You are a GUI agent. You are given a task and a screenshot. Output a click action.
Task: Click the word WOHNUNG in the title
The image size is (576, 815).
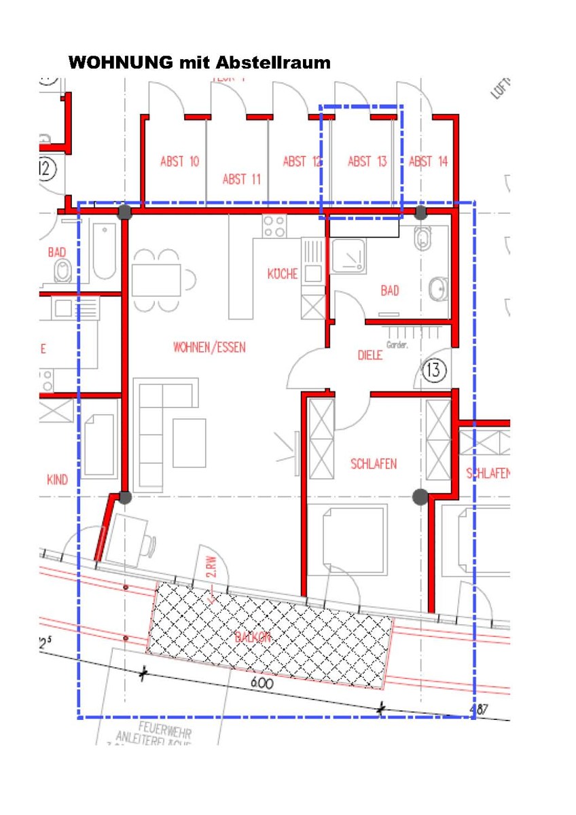[120, 63]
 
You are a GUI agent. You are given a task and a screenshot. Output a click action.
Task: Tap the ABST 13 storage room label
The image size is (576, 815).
[367, 162]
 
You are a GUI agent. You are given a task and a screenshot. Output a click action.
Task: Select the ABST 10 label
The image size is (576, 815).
[179, 162]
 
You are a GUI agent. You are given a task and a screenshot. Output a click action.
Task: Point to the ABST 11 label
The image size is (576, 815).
[242, 179]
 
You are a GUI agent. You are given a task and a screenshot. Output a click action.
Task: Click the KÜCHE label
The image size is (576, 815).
[283, 274]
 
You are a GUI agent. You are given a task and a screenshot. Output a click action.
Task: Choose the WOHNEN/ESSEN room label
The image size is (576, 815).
[209, 348]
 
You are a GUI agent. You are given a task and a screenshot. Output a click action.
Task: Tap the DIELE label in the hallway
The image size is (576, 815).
[370, 355]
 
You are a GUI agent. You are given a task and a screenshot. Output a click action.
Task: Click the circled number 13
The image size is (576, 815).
[433, 371]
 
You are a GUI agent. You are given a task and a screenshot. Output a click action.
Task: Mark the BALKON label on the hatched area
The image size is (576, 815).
[253, 638]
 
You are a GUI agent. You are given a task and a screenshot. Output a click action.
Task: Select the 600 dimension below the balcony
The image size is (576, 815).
[262, 684]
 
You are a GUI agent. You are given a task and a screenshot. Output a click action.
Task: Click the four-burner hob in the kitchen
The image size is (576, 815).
[274, 225]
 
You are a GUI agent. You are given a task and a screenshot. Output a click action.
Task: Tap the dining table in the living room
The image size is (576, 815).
[157, 279]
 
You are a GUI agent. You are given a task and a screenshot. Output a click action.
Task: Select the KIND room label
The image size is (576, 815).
[57, 480]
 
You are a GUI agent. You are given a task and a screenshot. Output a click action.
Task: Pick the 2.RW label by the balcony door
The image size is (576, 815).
[210, 568]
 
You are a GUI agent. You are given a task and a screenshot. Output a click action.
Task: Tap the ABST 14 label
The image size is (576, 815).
[429, 162]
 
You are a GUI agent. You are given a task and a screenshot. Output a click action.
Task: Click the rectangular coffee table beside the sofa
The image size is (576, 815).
[189, 443]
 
